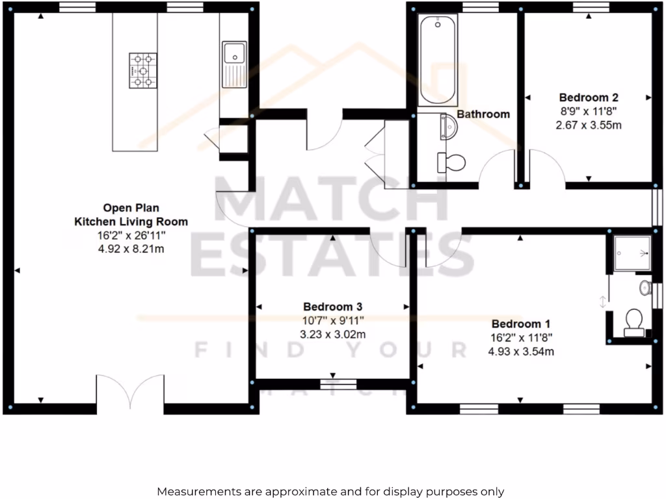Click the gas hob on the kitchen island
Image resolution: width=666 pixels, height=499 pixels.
click(x=142, y=70)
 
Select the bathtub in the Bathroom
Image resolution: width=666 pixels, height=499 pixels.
click(x=437, y=60)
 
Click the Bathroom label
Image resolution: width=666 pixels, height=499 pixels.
click(x=483, y=114)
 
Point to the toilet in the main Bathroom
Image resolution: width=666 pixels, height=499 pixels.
click(x=451, y=161)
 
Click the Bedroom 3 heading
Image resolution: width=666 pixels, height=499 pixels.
click(x=333, y=307)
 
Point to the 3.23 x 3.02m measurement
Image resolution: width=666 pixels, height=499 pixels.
click(x=333, y=335)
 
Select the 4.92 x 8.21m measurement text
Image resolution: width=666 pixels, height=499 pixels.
click(x=130, y=248)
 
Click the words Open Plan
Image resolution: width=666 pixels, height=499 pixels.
click(x=130, y=209)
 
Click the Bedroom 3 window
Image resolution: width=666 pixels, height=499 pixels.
click(x=338, y=385)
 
